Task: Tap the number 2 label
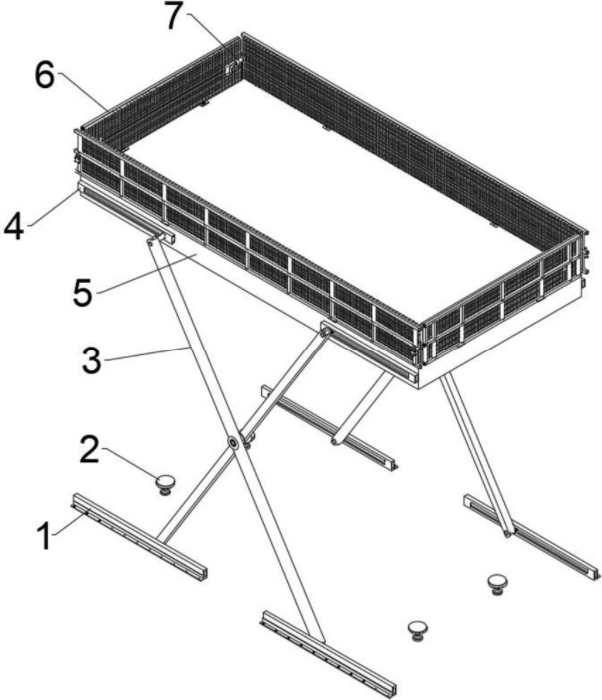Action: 89,449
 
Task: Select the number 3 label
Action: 92,359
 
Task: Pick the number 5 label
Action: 83,293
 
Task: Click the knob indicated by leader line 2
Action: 165,485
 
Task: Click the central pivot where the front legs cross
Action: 233,442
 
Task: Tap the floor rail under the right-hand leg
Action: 531,537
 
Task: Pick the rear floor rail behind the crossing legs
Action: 329,427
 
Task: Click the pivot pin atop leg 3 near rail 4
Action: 151,242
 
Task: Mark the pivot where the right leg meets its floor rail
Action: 507,532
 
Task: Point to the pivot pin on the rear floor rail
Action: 335,442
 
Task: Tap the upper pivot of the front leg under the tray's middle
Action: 324,333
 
